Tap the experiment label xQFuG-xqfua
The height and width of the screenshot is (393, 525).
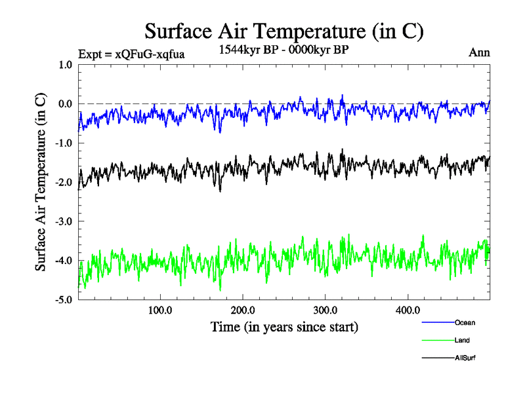pos(131,54)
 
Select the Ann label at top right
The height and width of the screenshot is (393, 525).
pos(479,52)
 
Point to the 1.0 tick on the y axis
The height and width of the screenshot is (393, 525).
pos(65,65)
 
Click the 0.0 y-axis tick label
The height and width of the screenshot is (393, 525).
pos(65,104)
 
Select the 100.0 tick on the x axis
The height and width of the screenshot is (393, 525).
pos(160,310)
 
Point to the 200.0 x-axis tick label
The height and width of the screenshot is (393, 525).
pos(243,310)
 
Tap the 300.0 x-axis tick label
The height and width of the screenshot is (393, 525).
pos(325,310)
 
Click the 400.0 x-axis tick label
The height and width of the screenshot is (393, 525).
pos(408,310)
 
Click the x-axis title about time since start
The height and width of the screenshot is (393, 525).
pos(284,326)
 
